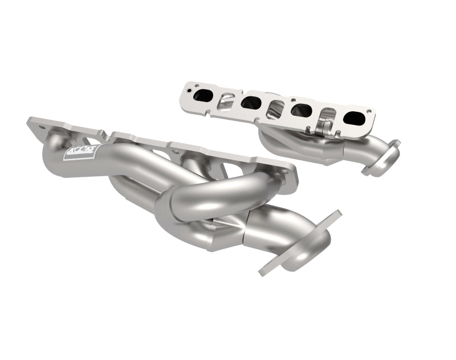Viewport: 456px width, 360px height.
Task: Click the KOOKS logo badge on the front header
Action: point(75,152)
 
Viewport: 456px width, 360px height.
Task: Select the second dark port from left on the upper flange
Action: point(251,103)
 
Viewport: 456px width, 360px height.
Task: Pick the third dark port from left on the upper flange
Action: point(300,110)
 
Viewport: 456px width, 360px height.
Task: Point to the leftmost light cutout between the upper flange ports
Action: point(226,101)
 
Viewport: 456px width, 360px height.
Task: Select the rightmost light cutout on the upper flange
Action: point(326,115)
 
